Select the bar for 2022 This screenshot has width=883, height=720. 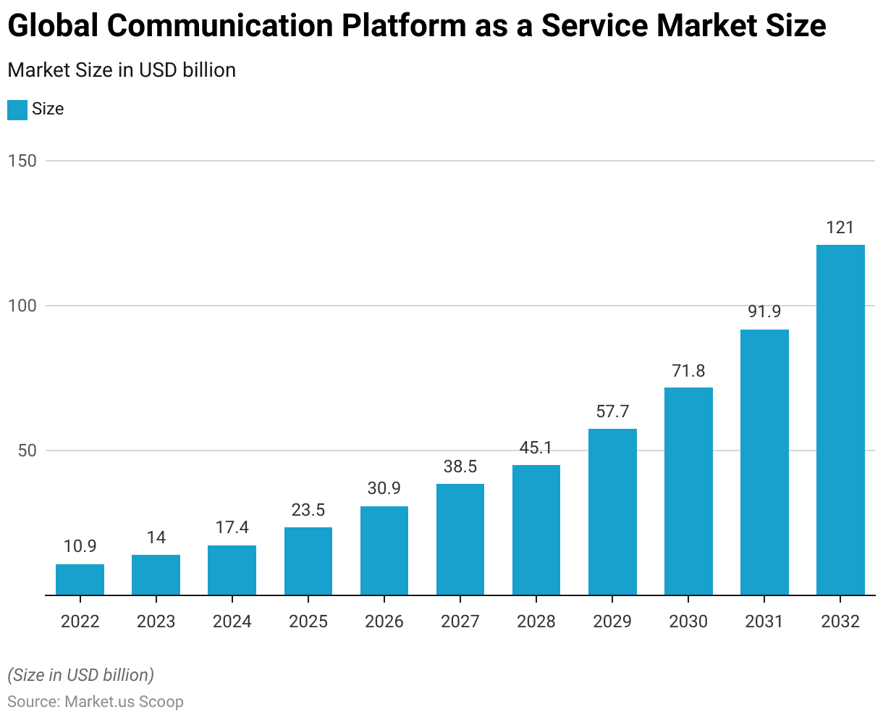(80, 579)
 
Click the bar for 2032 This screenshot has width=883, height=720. (840, 420)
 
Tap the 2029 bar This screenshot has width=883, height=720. (612, 512)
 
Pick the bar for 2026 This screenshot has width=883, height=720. (384, 551)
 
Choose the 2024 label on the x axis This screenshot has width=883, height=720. (232, 621)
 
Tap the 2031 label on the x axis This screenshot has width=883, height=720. (764, 621)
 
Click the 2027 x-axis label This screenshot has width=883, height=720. (460, 621)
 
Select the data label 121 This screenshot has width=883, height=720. (840, 227)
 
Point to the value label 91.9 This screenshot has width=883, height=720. (764, 312)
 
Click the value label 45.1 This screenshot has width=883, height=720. (536, 448)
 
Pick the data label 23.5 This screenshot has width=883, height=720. (308, 510)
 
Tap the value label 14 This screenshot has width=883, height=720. (156, 537)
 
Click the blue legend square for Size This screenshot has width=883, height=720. (17, 109)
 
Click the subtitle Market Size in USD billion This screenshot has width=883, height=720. (122, 70)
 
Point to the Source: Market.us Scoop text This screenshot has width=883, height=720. (96, 702)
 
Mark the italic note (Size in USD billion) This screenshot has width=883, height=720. (80, 675)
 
